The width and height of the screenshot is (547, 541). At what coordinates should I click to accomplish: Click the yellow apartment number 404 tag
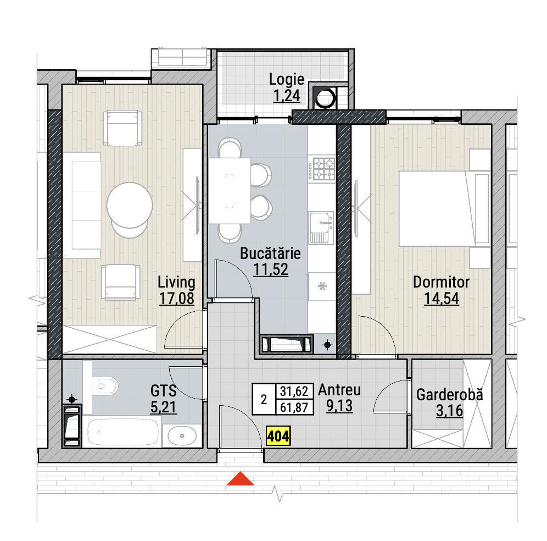click(278, 436)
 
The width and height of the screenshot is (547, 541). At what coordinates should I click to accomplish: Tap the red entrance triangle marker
click(240, 479)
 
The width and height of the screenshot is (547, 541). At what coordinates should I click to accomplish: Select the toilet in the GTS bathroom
click(105, 386)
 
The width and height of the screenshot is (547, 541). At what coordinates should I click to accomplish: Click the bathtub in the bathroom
click(122, 432)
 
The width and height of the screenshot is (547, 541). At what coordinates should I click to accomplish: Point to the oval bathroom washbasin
click(182, 435)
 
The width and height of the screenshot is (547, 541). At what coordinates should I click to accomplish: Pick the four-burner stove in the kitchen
click(323, 169)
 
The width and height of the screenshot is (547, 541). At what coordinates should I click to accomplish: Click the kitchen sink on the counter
click(321, 228)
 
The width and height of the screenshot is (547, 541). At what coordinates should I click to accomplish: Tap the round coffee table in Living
click(130, 205)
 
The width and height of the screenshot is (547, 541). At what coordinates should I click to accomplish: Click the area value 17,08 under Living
click(176, 299)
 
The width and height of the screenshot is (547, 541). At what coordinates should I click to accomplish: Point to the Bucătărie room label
click(270, 253)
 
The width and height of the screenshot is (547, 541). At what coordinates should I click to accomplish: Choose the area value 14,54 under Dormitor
click(442, 299)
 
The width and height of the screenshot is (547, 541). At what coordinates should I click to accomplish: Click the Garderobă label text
click(450, 395)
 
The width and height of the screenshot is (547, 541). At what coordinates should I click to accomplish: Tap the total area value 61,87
click(294, 407)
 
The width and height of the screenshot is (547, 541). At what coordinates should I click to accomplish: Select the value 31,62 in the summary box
click(294, 391)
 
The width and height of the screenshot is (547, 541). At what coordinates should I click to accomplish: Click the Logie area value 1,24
click(287, 96)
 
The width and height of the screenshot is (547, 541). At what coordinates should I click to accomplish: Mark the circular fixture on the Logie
click(325, 98)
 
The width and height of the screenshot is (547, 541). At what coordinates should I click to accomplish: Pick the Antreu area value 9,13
click(339, 406)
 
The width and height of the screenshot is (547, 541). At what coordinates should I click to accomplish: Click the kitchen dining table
click(230, 191)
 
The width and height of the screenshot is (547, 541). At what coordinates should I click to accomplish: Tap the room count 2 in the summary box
click(264, 399)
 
